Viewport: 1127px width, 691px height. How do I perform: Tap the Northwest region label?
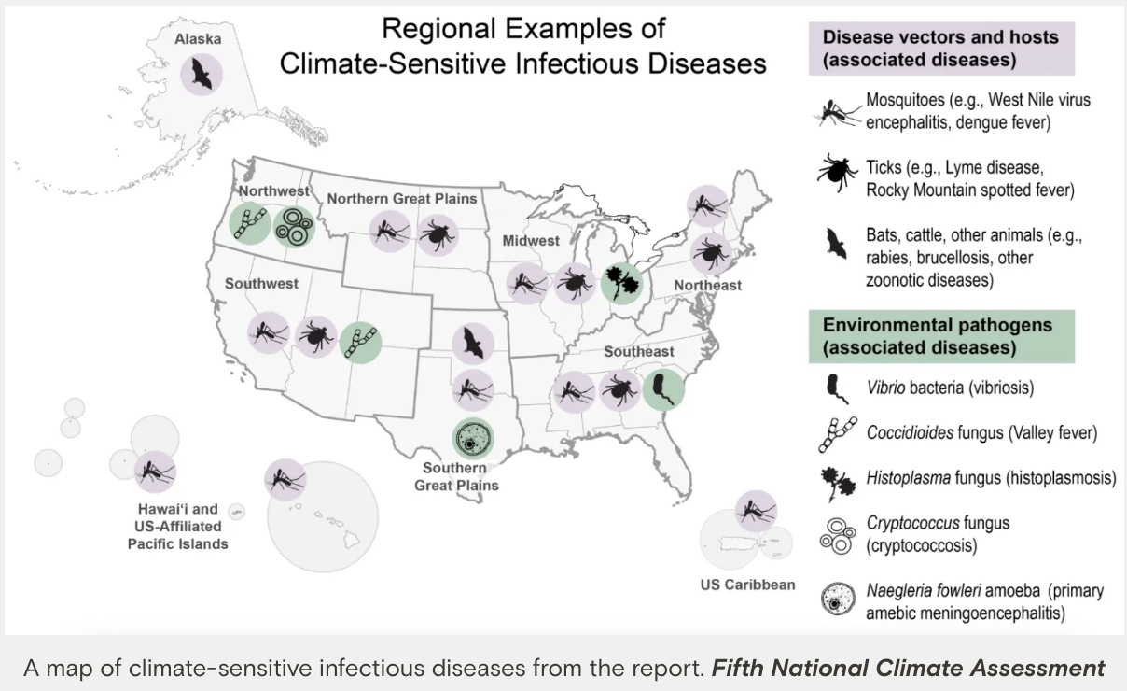[x=272, y=191]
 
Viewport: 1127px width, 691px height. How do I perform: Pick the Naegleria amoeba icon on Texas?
[x=474, y=437]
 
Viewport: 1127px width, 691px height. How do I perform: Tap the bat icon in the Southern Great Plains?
[x=472, y=344]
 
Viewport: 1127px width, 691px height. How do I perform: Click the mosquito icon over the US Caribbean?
[x=755, y=511]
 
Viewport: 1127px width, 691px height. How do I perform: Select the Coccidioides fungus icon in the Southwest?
[x=360, y=343]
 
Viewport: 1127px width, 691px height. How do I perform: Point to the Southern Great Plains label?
[x=456, y=476]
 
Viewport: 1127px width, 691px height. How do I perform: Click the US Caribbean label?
[x=747, y=585]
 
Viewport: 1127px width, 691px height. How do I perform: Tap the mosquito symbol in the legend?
[x=837, y=110]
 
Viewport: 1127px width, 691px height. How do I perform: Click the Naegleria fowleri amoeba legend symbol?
[x=837, y=600]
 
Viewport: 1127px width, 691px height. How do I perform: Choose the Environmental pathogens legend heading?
[x=937, y=336]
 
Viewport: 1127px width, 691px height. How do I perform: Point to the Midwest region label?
[x=531, y=241]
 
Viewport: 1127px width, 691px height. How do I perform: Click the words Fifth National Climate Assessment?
[x=908, y=669]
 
